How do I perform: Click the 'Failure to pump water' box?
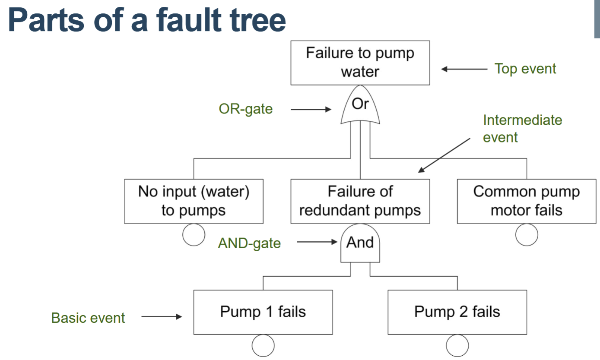pyautogui.click(x=360, y=63)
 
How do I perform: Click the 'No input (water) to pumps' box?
pyautogui.click(x=194, y=201)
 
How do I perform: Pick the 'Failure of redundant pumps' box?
pyautogui.click(x=360, y=201)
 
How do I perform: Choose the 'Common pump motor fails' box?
pyautogui.click(x=526, y=201)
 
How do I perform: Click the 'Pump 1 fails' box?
pyautogui.click(x=263, y=312)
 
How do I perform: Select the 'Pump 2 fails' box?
pyautogui.click(x=457, y=312)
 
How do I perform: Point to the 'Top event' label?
pyautogui.click(x=525, y=69)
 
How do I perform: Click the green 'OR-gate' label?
pyautogui.click(x=246, y=109)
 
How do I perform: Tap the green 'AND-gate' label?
pyautogui.click(x=249, y=243)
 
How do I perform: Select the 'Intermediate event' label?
pyautogui.click(x=522, y=128)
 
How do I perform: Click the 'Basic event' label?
pyautogui.click(x=88, y=318)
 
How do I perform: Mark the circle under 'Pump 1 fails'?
pyautogui.click(x=263, y=346)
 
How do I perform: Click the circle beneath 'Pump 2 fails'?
pyautogui.click(x=457, y=346)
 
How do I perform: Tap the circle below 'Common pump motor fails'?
pyautogui.click(x=527, y=235)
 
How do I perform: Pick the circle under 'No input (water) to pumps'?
pyautogui.click(x=194, y=235)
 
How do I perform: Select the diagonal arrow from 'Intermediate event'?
pyautogui.click(x=444, y=155)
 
